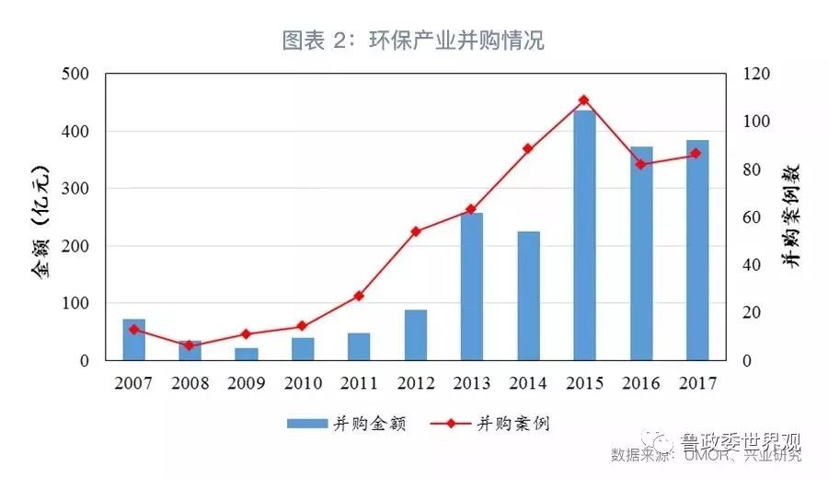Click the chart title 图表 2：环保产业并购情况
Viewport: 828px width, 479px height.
[413, 41]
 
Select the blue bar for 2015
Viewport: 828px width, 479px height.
[584, 235]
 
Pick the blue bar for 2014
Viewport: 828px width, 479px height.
[528, 296]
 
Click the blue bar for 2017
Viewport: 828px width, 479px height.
[696, 250]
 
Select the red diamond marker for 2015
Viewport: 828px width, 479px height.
[584, 100]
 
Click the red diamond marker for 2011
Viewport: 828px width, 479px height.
[359, 296]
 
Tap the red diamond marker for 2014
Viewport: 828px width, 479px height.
[528, 148]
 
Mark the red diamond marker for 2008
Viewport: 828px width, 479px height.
[190, 345]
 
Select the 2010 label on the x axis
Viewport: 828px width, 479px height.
[303, 382]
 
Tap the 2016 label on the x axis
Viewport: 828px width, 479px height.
[640, 382]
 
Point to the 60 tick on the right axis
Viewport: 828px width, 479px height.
[753, 217]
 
